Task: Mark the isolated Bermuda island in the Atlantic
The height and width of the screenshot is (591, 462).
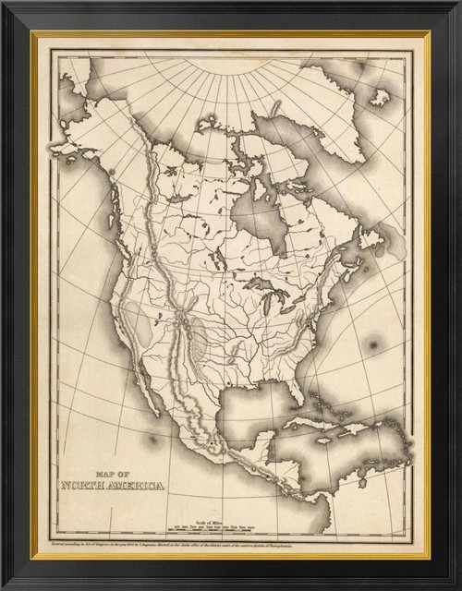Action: pos(373,345)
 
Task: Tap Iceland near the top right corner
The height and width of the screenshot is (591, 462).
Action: pos(379,96)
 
